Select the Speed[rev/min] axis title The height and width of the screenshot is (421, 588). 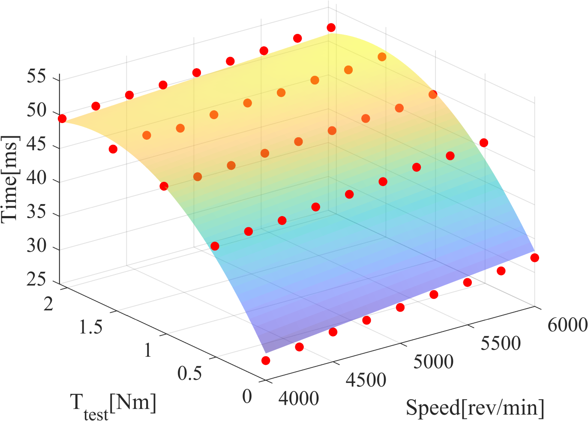pos(475,407)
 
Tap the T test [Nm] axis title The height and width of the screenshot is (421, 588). pos(113,405)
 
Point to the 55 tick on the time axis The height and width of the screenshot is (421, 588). pos(36,78)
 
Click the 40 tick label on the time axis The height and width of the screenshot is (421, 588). pos(36,179)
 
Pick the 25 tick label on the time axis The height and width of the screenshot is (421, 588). pos(36,280)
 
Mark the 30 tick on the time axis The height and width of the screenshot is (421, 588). pos(36,247)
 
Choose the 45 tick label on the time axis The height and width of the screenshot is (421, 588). pos(36,146)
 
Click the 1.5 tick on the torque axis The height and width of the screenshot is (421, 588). pos(91,328)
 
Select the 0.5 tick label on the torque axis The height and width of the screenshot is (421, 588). pos(189,373)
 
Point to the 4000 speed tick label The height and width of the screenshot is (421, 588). pos(299,399)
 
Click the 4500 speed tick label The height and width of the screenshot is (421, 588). pos(366,380)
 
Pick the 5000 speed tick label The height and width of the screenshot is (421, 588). pos(433,362)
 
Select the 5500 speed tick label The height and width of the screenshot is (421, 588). pos(501,343)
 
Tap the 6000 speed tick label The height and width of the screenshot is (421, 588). pos(567,325)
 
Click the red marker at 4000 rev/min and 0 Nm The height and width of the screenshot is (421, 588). pos(266,361)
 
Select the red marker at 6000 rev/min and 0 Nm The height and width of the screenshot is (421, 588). pos(534,258)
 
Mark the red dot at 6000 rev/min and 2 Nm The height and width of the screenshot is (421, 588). pos(331,27)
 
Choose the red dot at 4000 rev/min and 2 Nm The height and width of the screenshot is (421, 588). pos(62,118)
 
